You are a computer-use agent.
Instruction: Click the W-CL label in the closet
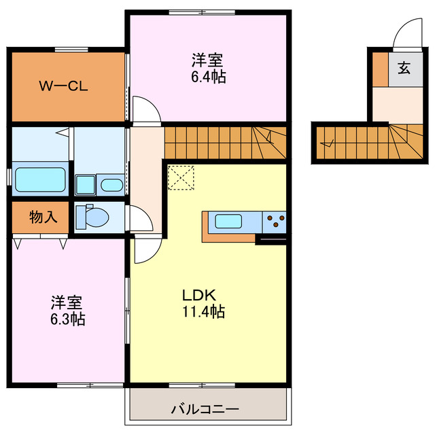pyautogui.click(x=62, y=86)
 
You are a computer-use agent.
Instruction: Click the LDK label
pyautogui.click(x=198, y=296)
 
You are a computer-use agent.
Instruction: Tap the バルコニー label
pyautogui.click(x=205, y=409)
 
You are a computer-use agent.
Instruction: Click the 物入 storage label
pyautogui.click(x=42, y=217)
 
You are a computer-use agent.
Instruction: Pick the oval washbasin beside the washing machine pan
pyautogui.click(x=111, y=185)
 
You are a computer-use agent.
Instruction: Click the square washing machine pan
pyautogui.click(x=86, y=184)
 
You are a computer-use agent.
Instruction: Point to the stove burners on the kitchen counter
pyautogui.click(x=276, y=221)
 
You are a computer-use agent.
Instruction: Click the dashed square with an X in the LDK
pyautogui.click(x=181, y=178)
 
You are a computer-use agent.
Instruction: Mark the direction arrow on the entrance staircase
pyautogui.click(x=330, y=143)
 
